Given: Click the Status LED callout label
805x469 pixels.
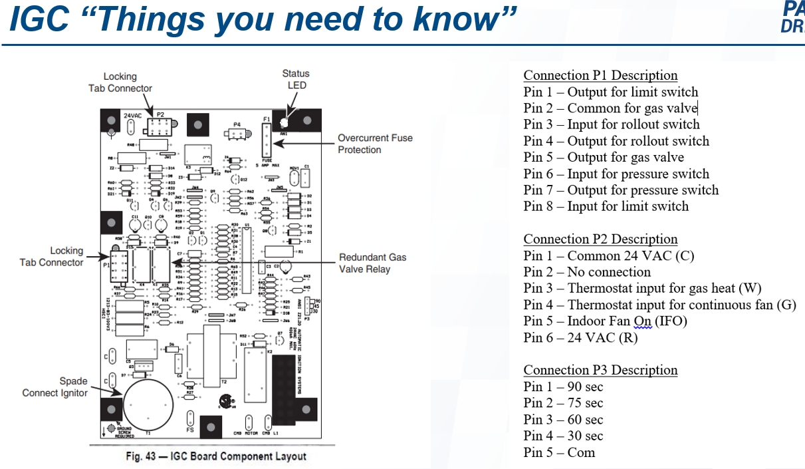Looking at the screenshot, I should click(x=296, y=79).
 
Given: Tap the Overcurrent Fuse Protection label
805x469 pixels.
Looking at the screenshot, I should click(x=375, y=144).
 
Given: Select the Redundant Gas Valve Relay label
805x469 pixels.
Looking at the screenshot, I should click(x=372, y=263).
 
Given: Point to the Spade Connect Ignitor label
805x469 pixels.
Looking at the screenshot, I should click(x=55, y=387).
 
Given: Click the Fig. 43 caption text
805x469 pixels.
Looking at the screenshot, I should click(x=216, y=456).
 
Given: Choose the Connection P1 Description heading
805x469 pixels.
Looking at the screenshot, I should click(x=600, y=75).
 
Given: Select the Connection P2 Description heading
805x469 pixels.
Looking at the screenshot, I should click(x=600, y=239).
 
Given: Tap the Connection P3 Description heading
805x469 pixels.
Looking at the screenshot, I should click(x=600, y=370).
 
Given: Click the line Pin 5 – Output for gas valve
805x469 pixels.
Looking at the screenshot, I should click(x=604, y=157).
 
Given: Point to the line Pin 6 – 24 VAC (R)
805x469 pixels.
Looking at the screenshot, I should click(x=580, y=337).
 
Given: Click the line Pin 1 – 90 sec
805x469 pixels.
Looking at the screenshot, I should click(x=563, y=387).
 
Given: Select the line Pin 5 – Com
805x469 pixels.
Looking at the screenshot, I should click(x=559, y=452).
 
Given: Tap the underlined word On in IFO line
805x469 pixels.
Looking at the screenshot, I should click(x=642, y=321).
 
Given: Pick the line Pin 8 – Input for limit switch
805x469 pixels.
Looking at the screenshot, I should click(x=606, y=206).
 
